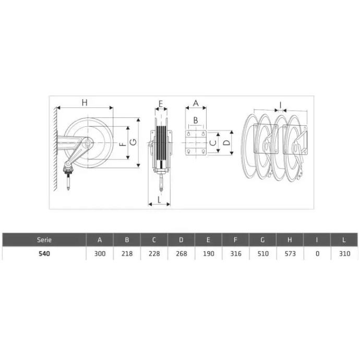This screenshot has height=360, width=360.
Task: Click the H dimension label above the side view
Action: point(85,102)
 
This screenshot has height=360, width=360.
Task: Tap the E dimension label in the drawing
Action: point(161,104)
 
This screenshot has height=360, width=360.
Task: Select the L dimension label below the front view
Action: point(160,200)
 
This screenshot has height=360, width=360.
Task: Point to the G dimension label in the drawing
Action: point(133,142)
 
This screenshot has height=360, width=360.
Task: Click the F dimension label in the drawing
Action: point(123,144)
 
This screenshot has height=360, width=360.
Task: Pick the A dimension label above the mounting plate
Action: point(196,103)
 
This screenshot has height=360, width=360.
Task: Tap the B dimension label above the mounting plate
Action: point(196,120)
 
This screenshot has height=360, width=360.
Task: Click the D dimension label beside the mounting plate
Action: point(226,143)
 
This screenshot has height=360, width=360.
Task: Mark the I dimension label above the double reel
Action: point(280,105)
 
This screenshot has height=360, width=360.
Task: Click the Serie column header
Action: point(44,240)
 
